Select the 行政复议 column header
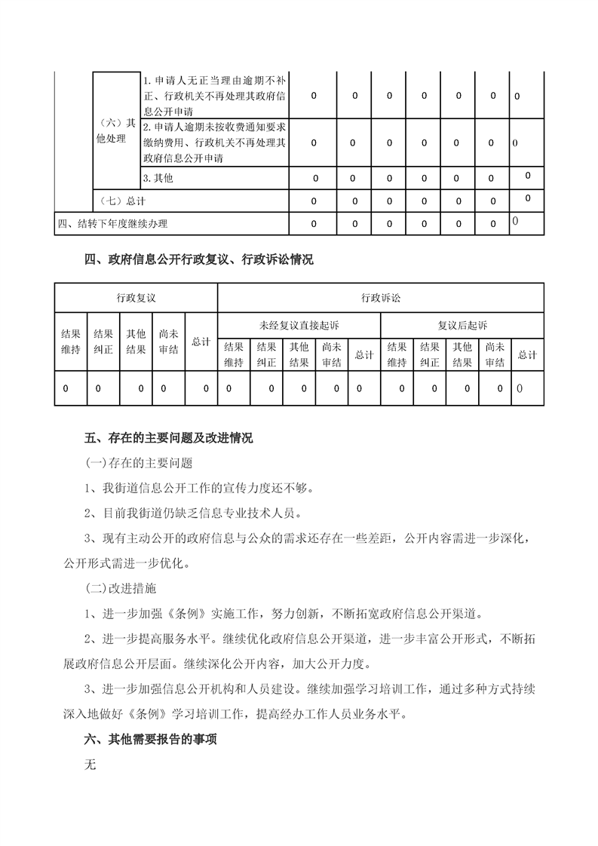pyautogui.click(x=136, y=298)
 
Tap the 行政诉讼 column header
pyautogui.click(x=380, y=298)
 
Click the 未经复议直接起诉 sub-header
pyautogui.click(x=299, y=325)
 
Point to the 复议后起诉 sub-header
pyautogui.click(x=462, y=325)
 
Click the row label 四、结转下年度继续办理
pyautogui.click(x=113, y=224)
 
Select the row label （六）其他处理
pyautogui.click(x=117, y=131)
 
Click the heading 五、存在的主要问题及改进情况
pyautogui.click(x=169, y=438)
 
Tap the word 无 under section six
pyautogui.click(x=91, y=764)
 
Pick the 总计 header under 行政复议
pyautogui.click(x=201, y=342)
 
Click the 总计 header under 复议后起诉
pyautogui.click(x=527, y=354)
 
